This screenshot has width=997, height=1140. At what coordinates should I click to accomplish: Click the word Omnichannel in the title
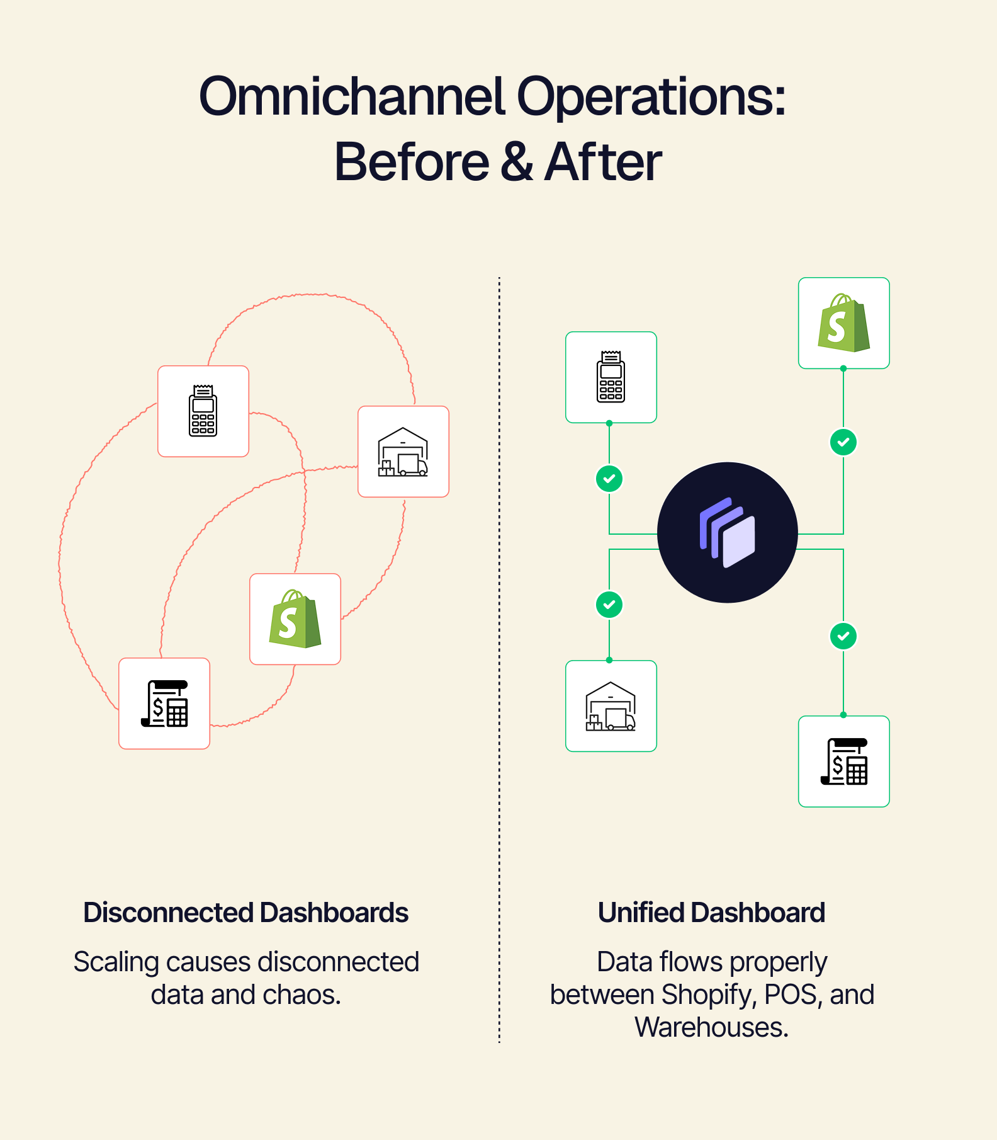click(352, 98)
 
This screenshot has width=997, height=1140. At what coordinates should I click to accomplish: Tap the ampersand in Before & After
click(517, 162)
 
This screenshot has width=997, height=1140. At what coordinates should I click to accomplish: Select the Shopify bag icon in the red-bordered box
click(295, 619)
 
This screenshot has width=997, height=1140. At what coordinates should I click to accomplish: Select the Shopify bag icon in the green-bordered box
click(843, 323)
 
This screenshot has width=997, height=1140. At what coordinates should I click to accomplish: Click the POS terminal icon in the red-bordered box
click(203, 411)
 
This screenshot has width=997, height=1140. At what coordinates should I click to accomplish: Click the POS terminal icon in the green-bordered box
click(611, 377)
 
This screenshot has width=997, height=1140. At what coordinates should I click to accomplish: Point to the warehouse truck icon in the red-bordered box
click(403, 452)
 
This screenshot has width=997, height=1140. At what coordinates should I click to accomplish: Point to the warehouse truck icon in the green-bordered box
click(611, 706)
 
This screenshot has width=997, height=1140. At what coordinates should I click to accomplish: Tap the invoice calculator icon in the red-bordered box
click(164, 704)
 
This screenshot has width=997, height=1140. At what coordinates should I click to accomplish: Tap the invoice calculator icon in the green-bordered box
click(843, 761)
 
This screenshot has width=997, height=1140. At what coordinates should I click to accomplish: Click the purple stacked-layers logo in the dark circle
click(727, 533)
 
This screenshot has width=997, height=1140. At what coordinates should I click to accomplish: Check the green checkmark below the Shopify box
click(843, 442)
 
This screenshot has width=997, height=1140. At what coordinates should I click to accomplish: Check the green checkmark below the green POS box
click(609, 479)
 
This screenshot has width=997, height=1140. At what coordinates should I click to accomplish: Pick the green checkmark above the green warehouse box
click(609, 605)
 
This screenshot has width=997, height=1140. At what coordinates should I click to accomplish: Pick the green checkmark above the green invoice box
click(843, 636)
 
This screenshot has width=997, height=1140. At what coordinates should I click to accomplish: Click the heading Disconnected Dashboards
click(245, 913)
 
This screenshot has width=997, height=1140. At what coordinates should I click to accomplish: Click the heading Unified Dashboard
click(711, 913)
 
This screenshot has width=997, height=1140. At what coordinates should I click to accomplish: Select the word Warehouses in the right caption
click(711, 1028)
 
